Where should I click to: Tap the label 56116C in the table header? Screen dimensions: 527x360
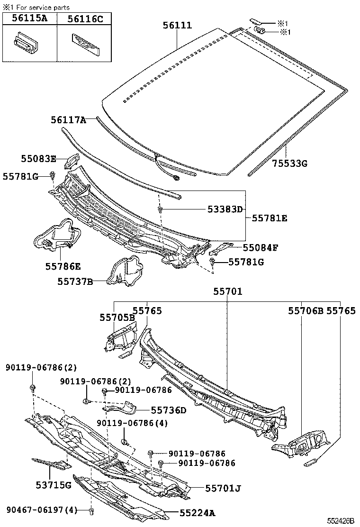tap(85, 18)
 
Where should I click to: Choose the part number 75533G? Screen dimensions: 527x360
tap(290, 164)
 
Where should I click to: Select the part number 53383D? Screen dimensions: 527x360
tap(225, 209)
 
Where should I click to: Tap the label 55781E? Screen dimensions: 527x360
tap(270, 218)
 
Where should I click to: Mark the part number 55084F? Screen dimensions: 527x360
tap(261, 247)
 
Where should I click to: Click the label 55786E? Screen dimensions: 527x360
tap(63, 266)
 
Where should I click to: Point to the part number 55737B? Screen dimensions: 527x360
tap(75, 282)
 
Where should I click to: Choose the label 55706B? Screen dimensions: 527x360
tap(306, 311)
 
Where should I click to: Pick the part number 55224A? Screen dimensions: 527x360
tap(197, 512)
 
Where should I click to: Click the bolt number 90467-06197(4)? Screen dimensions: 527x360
tap(42, 510)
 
